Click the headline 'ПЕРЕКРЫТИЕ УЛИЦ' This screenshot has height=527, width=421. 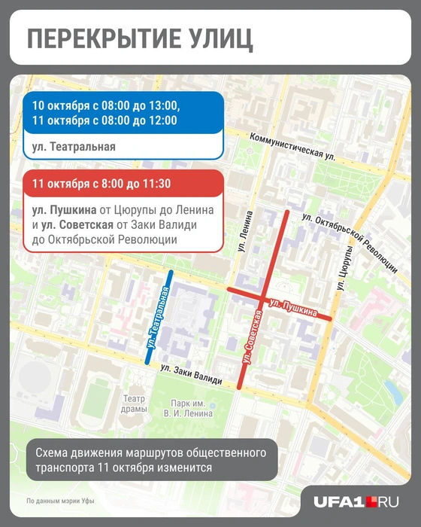(139, 38)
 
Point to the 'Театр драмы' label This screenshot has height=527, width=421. (133, 404)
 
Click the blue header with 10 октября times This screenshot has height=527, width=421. (123, 112)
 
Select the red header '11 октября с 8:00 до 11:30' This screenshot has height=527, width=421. (123, 184)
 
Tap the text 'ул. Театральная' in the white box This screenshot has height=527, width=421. (69, 146)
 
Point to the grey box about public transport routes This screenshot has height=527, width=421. (150, 460)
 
